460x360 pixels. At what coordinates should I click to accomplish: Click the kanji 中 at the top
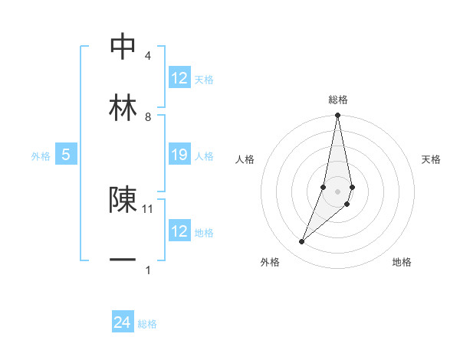[x=123, y=46]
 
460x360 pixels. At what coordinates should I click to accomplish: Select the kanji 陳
[x=123, y=199]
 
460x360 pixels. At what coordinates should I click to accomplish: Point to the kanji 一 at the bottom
[x=123, y=260]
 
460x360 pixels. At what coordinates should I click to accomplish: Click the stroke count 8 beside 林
[x=148, y=116]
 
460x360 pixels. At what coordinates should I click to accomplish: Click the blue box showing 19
[x=179, y=155]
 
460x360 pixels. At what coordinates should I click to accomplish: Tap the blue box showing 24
[x=123, y=323]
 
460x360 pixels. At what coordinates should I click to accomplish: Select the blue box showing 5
[x=66, y=155]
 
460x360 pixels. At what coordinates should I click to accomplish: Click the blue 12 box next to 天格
[x=179, y=78]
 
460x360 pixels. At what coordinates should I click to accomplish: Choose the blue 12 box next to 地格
[x=179, y=231]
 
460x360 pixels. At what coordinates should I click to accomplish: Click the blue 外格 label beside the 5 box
[x=41, y=156]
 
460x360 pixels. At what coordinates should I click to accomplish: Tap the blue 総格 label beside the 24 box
[x=147, y=324]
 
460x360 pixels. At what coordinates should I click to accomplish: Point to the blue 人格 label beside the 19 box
[x=204, y=156]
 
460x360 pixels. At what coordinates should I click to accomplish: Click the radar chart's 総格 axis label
[x=338, y=100]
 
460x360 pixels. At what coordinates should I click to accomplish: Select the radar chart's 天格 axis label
[x=432, y=159]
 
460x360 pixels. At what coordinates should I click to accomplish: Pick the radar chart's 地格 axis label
[x=402, y=262]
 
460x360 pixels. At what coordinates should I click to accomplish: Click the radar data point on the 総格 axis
[x=337, y=116]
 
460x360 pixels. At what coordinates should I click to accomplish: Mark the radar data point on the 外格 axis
[x=301, y=241]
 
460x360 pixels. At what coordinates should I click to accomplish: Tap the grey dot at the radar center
[x=337, y=191]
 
